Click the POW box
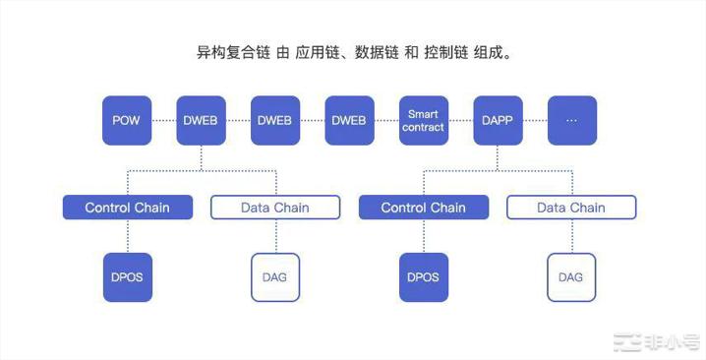[x=127, y=120]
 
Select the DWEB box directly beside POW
[x=201, y=120]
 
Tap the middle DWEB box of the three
[x=275, y=120]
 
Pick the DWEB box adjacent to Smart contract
[x=349, y=120]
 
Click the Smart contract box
[x=424, y=120]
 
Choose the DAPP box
[x=498, y=120]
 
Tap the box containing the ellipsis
[x=572, y=120]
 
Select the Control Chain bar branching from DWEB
[x=127, y=208]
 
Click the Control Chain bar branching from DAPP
[x=423, y=208]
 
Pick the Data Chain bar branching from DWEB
[x=275, y=208]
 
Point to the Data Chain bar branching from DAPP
[x=571, y=208]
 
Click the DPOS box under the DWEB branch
[x=127, y=276]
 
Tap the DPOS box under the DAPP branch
[x=423, y=276]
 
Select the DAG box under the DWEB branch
[x=275, y=276]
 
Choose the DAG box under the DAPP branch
[x=571, y=276]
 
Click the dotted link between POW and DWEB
[x=164, y=120]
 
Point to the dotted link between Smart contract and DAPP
[x=461, y=120]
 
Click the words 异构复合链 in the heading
[x=231, y=50]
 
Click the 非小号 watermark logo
[x=657, y=341]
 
